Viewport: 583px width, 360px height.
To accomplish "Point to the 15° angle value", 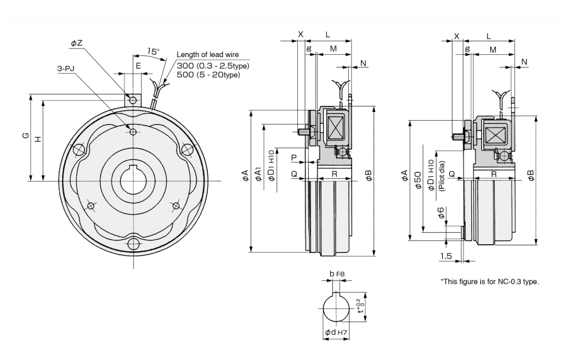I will (x=153, y=52).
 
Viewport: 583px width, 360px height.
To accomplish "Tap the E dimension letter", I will (x=138, y=65).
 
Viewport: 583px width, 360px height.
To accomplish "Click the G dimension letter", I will (x=25, y=136).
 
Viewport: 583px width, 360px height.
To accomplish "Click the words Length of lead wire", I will (x=212, y=55).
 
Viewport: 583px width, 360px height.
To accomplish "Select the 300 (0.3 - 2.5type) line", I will (x=213, y=66).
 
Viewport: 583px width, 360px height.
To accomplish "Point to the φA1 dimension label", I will (x=258, y=175).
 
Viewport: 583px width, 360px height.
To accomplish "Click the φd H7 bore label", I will (x=334, y=333).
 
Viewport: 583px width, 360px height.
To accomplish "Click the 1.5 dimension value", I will (x=445, y=256).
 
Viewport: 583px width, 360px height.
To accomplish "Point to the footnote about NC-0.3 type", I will (x=490, y=282).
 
